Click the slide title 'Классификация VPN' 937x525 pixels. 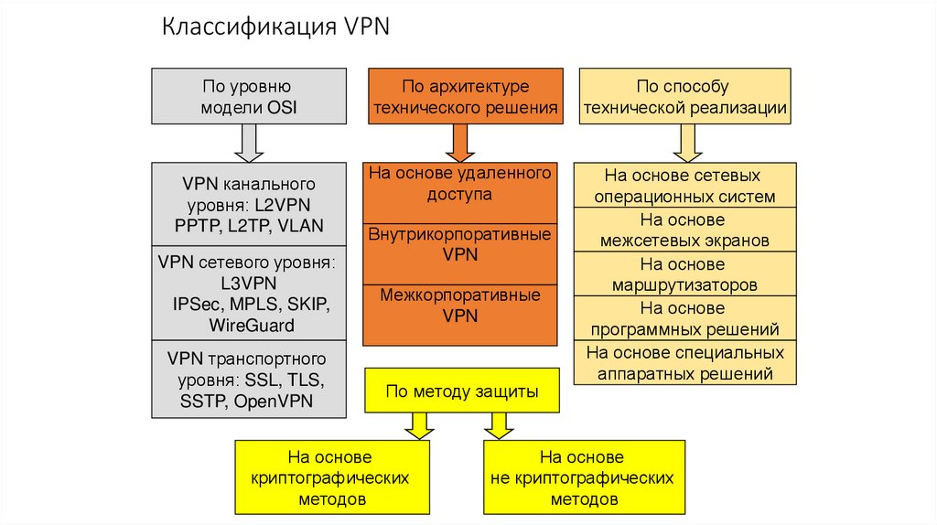(x=276, y=27)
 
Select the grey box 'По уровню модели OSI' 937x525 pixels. (x=249, y=97)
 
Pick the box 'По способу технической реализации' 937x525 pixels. (x=685, y=97)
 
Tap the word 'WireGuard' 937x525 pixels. (x=251, y=325)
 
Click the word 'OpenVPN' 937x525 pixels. (x=274, y=401)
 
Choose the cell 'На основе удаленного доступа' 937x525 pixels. (x=460, y=183)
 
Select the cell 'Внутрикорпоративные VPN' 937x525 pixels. (x=460, y=244)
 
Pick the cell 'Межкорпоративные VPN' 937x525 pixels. (x=460, y=305)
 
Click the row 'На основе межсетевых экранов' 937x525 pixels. (x=684, y=230)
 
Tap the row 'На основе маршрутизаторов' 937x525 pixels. (x=684, y=274)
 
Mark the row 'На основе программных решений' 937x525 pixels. (x=684, y=318)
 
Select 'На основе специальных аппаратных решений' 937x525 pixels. (x=684, y=362)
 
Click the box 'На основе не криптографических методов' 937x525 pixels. (x=584, y=477)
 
